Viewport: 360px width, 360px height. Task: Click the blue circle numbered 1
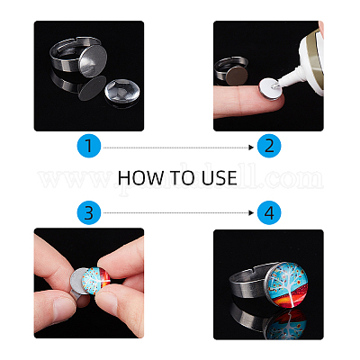point(89,146)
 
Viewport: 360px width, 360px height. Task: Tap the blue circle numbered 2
point(269,146)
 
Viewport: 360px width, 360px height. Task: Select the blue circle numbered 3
point(89,212)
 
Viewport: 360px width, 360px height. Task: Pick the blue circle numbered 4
point(269,212)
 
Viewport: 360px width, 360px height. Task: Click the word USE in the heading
point(220,177)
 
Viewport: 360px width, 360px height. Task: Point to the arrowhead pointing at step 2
point(251,148)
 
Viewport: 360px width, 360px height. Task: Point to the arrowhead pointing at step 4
point(251,213)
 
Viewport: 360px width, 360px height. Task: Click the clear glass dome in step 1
point(122,91)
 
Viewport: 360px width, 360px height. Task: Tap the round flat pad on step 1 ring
point(93,61)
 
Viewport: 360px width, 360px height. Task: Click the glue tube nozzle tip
point(274,85)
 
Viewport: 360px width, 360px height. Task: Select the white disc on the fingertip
point(269,89)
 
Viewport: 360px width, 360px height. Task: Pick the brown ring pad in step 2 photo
point(237,75)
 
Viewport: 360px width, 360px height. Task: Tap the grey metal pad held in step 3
point(78,281)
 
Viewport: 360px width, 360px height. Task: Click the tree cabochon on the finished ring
point(287,284)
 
